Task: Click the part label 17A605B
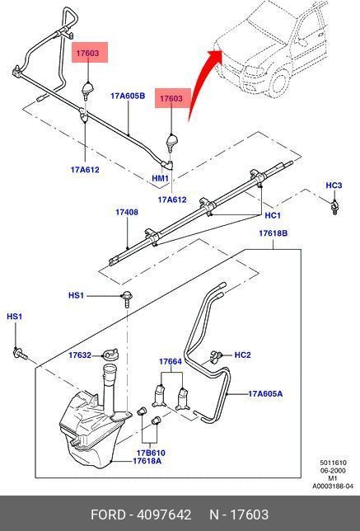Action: coord(128,96)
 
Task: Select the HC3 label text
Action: coord(334,186)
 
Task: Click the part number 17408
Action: coord(126,212)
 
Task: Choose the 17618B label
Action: coord(273,234)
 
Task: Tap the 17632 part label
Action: coord(80,355)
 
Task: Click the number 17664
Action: coord(171,361)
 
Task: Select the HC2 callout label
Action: coord(242,355)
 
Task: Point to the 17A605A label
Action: coord(265,394)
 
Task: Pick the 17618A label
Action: coord(147,462)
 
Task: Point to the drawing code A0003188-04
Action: coord(332,486)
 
